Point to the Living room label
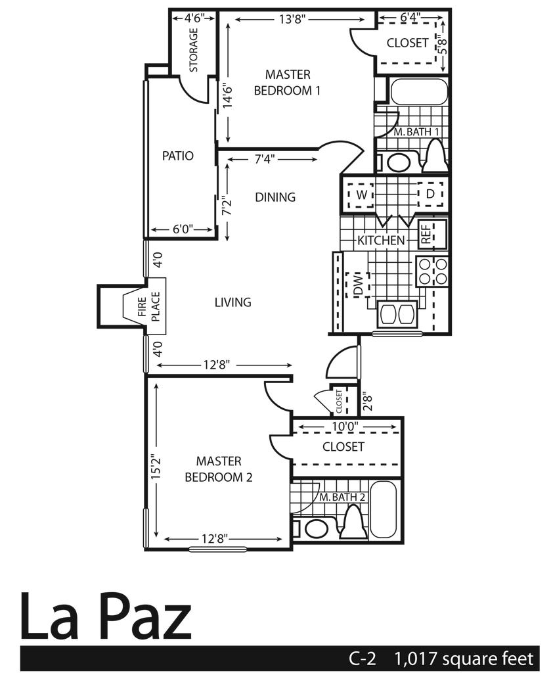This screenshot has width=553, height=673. pyautogui.click(x=233, y=303)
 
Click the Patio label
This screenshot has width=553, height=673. pyautogui.click(x=179, y=156)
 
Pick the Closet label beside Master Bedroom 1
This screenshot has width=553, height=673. pyautogui.click(x=407, y=44)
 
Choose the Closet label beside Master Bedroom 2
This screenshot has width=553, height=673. pyautogui.click(x=343, y=448)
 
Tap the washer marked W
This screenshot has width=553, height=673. pyautogui.click(x=361, y=195)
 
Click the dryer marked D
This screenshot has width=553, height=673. pyautogui.click(x=430, y=195)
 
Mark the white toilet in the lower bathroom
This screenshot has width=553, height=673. pyautogui.click(x=353, y=523)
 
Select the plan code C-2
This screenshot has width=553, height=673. pyautogui.click(x=366, y=658)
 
